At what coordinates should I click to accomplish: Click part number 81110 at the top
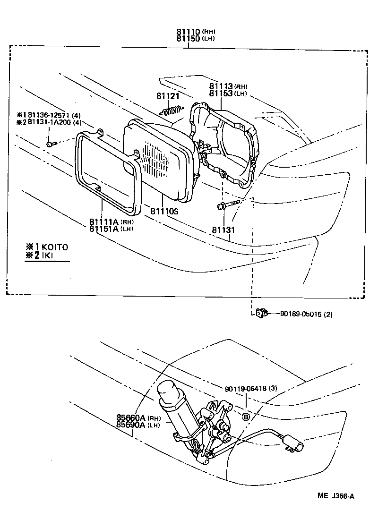[189, 32]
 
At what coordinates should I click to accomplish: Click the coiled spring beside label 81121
[171, 110]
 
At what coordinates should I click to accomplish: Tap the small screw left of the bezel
[51, 143]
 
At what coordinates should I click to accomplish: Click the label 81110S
[164, 212]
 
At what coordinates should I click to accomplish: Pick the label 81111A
[104, 221]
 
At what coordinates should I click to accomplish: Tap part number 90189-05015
[300, 314]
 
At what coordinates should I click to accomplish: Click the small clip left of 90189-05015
[261, 313]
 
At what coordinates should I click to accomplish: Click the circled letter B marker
[246, 416]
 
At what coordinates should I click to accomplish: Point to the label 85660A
[131, 417]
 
